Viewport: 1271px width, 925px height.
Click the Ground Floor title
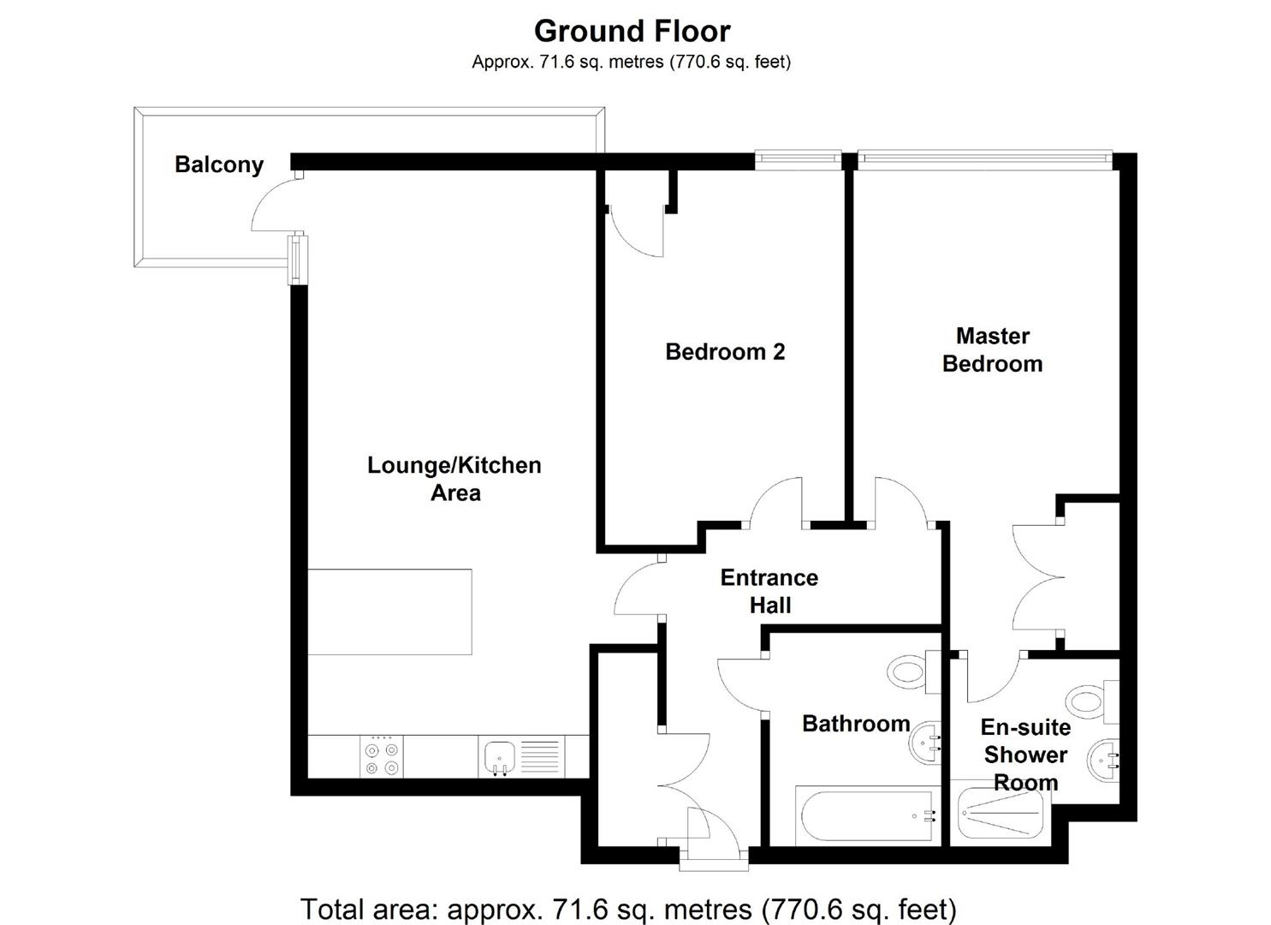(632, 31)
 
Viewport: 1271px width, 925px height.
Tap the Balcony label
(219, 164)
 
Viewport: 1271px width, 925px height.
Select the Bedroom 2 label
(725, 351)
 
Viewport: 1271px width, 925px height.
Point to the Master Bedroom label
(992, 349)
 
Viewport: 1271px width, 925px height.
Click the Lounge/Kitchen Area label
(454, 479)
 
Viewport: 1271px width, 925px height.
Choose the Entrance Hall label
(769, 591)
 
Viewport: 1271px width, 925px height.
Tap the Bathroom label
(855, 724)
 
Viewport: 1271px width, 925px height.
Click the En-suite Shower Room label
(1025, 754)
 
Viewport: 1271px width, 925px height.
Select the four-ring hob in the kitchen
(381, 758)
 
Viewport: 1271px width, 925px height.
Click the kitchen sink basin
(499, 757)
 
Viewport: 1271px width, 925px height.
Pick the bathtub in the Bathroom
(864, 815)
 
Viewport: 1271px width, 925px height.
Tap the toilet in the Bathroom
(909, 671)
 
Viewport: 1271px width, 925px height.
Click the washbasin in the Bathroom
(924, 742)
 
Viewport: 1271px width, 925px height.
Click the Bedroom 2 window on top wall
(798, 157)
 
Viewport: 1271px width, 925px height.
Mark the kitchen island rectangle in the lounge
(389, 612)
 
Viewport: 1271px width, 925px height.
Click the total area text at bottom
(628, 908)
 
